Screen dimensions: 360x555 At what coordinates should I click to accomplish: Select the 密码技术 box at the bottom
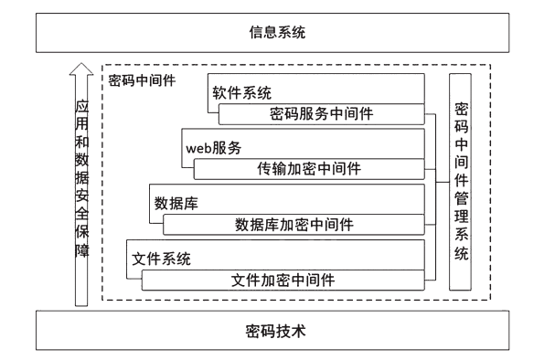pyautogui.click(x=277, y=330)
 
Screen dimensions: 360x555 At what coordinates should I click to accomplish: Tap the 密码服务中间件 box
pyautogui.click(x=321, y=114)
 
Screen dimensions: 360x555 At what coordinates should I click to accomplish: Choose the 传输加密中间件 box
pyautogui.click(x=309, y=169)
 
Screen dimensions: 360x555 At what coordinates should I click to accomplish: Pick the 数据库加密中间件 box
pyautogui.click(x=294, y=224)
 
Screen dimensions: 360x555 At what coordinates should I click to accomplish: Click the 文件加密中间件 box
pyautogui.click(x=283, y=279)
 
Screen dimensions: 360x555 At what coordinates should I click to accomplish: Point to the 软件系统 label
pyautogui.click(x=242, y=92)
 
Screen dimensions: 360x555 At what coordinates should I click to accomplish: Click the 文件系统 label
pyautogui.click(x=161, y=258)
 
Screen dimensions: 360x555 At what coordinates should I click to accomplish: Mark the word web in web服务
pyautogui.click(x=200, y=146)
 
